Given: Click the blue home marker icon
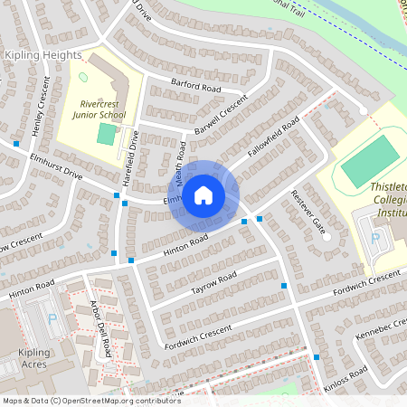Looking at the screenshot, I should (203, 194).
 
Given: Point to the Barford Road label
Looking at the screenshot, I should (195, 87).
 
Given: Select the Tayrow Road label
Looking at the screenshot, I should (213, 283).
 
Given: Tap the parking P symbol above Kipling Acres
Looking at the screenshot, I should (52, 318).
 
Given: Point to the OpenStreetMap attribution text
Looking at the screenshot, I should (90, 400).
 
